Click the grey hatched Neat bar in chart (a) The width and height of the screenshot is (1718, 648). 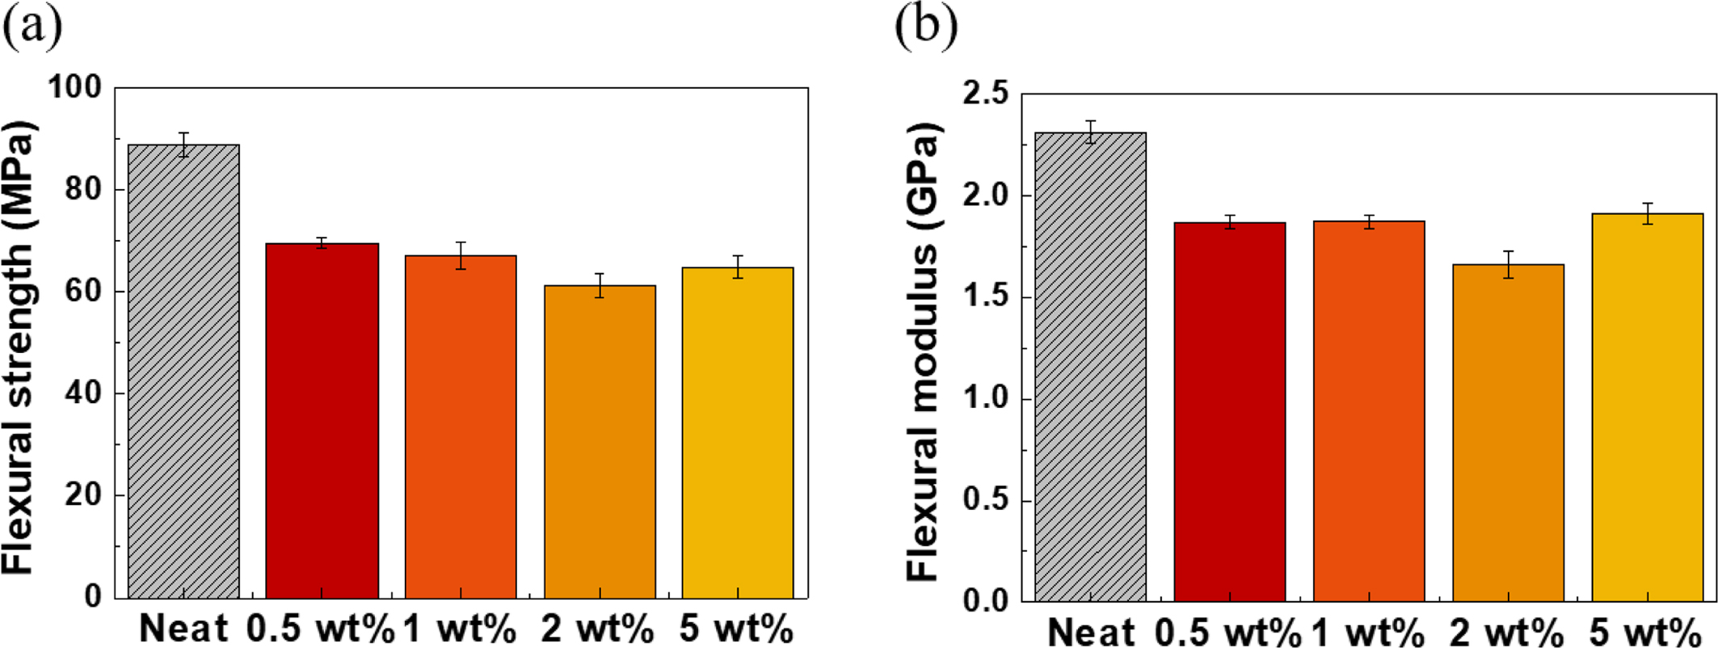tap(183, 372)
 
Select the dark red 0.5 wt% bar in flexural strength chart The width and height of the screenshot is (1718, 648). tap(322, 420)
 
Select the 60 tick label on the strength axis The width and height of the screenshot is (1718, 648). tap(84, 292)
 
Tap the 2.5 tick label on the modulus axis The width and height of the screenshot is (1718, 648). tap(985, 95)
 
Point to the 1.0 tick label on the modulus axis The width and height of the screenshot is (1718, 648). tap(985, 399)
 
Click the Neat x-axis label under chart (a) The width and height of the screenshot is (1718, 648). tap(183, 629)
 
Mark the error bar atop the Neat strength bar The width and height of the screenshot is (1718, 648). tap(184, 144)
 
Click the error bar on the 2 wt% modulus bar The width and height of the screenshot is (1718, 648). tap(1508, 264)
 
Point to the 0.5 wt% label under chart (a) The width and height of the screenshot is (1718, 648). tap(320, 629)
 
